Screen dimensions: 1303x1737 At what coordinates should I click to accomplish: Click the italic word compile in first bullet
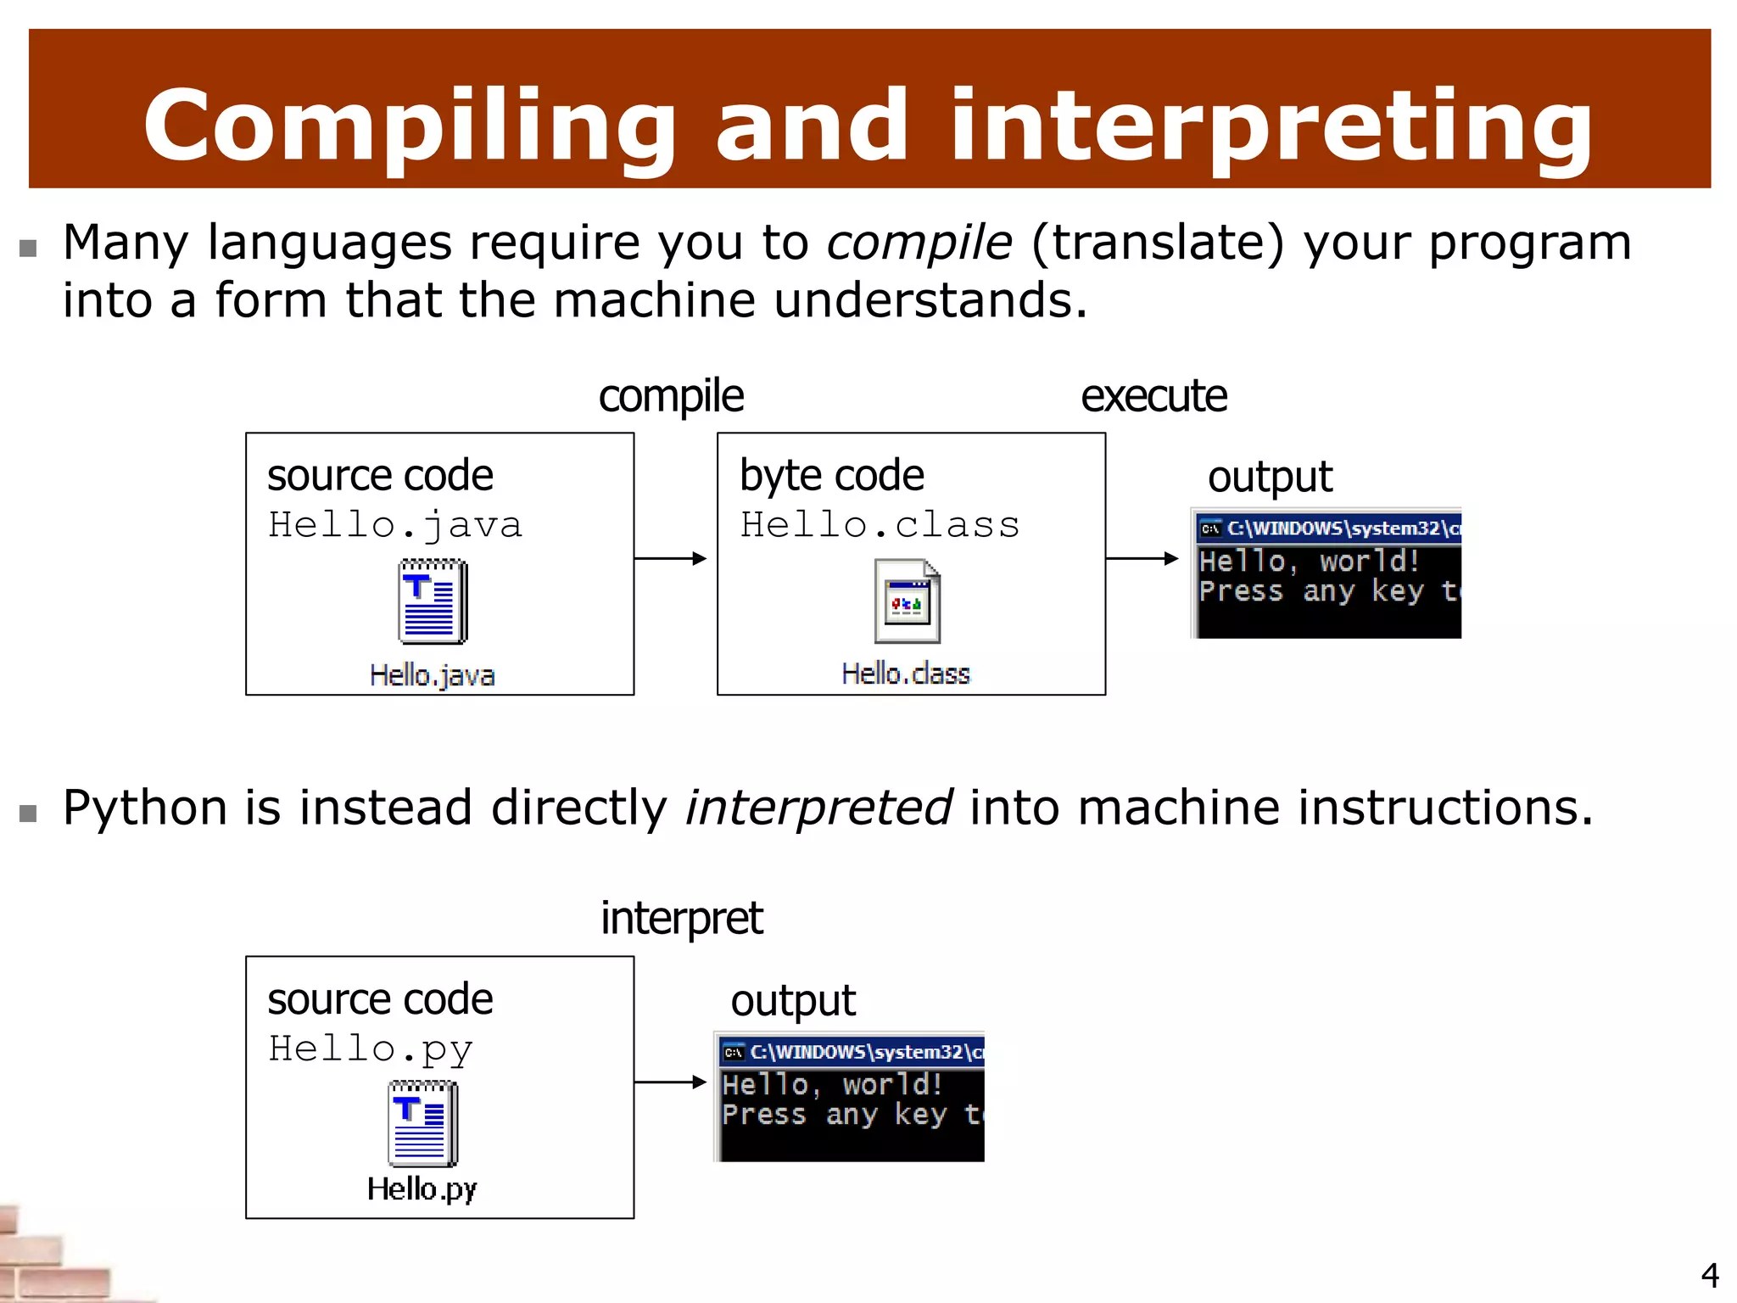(x=919, y=243)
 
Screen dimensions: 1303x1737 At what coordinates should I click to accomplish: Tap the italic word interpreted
(x=818, y=808)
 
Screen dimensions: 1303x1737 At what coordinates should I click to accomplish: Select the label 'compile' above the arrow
(x=671, y=396)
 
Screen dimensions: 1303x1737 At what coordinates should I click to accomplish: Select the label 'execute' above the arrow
(x=1153, y=396)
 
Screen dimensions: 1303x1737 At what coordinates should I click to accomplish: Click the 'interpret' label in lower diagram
(x=681, y=919)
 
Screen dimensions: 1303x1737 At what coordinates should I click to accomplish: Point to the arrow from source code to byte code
(x=670, y=558)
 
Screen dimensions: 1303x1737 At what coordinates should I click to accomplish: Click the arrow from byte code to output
(x=1142, y=558)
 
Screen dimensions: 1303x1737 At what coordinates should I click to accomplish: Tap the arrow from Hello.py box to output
(x=670, y=1082)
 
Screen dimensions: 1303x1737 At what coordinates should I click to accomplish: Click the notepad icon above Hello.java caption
(x=433, y=601)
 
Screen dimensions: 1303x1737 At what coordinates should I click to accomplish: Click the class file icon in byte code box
(x=907, y=601)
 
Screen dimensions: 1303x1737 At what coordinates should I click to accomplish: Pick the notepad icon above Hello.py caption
(x=422, y=1124)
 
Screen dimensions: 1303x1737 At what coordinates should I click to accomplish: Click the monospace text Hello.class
(x=880, y=525)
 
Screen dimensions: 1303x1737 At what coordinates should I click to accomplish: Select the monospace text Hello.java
(x=395, y=525)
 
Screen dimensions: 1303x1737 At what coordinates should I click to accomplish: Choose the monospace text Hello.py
(x=371, y=1049)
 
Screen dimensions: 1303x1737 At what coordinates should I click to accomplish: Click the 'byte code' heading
(x=831, y=476)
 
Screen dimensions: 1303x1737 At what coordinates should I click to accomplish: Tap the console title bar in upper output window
(x=1328, y=528)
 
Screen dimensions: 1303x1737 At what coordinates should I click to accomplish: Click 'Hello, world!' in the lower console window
(x=832, y=1085)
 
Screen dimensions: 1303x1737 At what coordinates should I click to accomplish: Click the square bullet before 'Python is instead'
(x=28, y=814)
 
